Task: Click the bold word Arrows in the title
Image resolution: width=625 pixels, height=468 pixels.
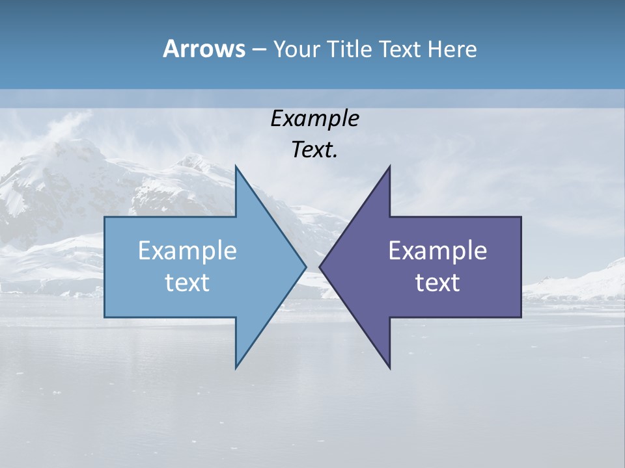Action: pos(203,49)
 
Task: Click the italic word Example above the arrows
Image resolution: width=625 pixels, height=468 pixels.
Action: pos(314,118)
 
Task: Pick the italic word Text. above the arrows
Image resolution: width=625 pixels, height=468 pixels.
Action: pos(314,149)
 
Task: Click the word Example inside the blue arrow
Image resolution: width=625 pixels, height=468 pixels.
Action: pos(187,250)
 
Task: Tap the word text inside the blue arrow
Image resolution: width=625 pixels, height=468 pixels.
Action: pos(187,282)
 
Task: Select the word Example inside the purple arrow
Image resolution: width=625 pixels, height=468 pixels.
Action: pos(437,250)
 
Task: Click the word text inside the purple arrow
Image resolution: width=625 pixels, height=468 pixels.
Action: pos(437,282)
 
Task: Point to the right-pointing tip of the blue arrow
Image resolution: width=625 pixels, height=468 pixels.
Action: pos(306,266)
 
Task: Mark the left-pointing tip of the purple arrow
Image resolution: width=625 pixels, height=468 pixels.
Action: pos(320,266)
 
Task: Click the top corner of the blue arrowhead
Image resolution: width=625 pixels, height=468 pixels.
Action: pos(236,166)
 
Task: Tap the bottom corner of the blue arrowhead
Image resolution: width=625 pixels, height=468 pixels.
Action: pos(236,368)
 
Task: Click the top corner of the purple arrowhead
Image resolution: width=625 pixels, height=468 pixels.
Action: pos(390,166)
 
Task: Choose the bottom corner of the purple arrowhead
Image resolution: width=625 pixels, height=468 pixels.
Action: pos(390,368)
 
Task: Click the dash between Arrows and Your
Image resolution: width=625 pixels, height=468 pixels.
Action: pos(258,50)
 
